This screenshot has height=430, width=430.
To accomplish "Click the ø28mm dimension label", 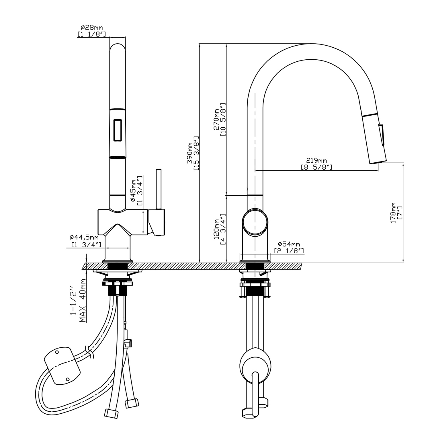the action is point(91,28).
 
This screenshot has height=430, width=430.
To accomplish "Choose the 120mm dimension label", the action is point(217,229).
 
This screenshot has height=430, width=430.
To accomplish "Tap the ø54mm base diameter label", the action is point(289,244).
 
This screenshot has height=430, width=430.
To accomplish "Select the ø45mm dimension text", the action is point(134,190).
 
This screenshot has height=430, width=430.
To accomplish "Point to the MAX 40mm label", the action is point(83,300).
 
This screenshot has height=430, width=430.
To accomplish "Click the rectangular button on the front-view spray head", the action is point(118,130).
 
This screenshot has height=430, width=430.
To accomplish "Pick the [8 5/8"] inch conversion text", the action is point(316,167).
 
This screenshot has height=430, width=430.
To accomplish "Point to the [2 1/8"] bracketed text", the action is point(289,251).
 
